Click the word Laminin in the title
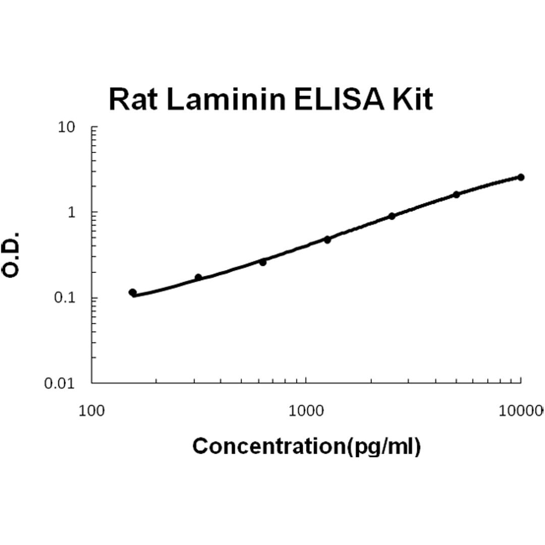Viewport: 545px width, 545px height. pyautogui.click(x=224, y=99)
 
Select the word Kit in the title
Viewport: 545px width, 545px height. pyautogui.click(x=412, y=99)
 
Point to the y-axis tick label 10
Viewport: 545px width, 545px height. pyautogui.click(x=66, y=127)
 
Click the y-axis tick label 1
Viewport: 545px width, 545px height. pyautogui.click(x=71, y=212)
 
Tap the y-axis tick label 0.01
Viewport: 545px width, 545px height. pyautogui.click(x=59, y=384)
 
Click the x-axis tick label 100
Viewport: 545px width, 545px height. pyautogui.click(x=91, y=411)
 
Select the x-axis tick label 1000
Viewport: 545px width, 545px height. pyautogui.click(x=306, y=411)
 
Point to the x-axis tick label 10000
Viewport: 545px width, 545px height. pyautogui.click(x=520, y=411)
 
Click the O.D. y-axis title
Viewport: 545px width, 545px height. pyautogui.click(x=12, y=255)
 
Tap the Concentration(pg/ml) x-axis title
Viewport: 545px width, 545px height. pyautogui.click(x=306, y=446)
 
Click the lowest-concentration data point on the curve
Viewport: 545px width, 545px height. pyautogui.click(x=132, y=292)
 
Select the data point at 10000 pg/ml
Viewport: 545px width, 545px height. pyautogui.click(x=521, y=177)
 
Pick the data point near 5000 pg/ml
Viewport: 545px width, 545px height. pyautogui.click(x=456, y=194)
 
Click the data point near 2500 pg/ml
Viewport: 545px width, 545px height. pyautogui.click(x=392, y=216)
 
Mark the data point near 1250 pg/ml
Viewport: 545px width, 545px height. pyautogui.click(x=327, y=240)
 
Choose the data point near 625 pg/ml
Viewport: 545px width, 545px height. pyautogui.click(x=263, y=262)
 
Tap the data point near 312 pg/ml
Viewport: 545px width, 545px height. pyautogui.click(x=198, y=277)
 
